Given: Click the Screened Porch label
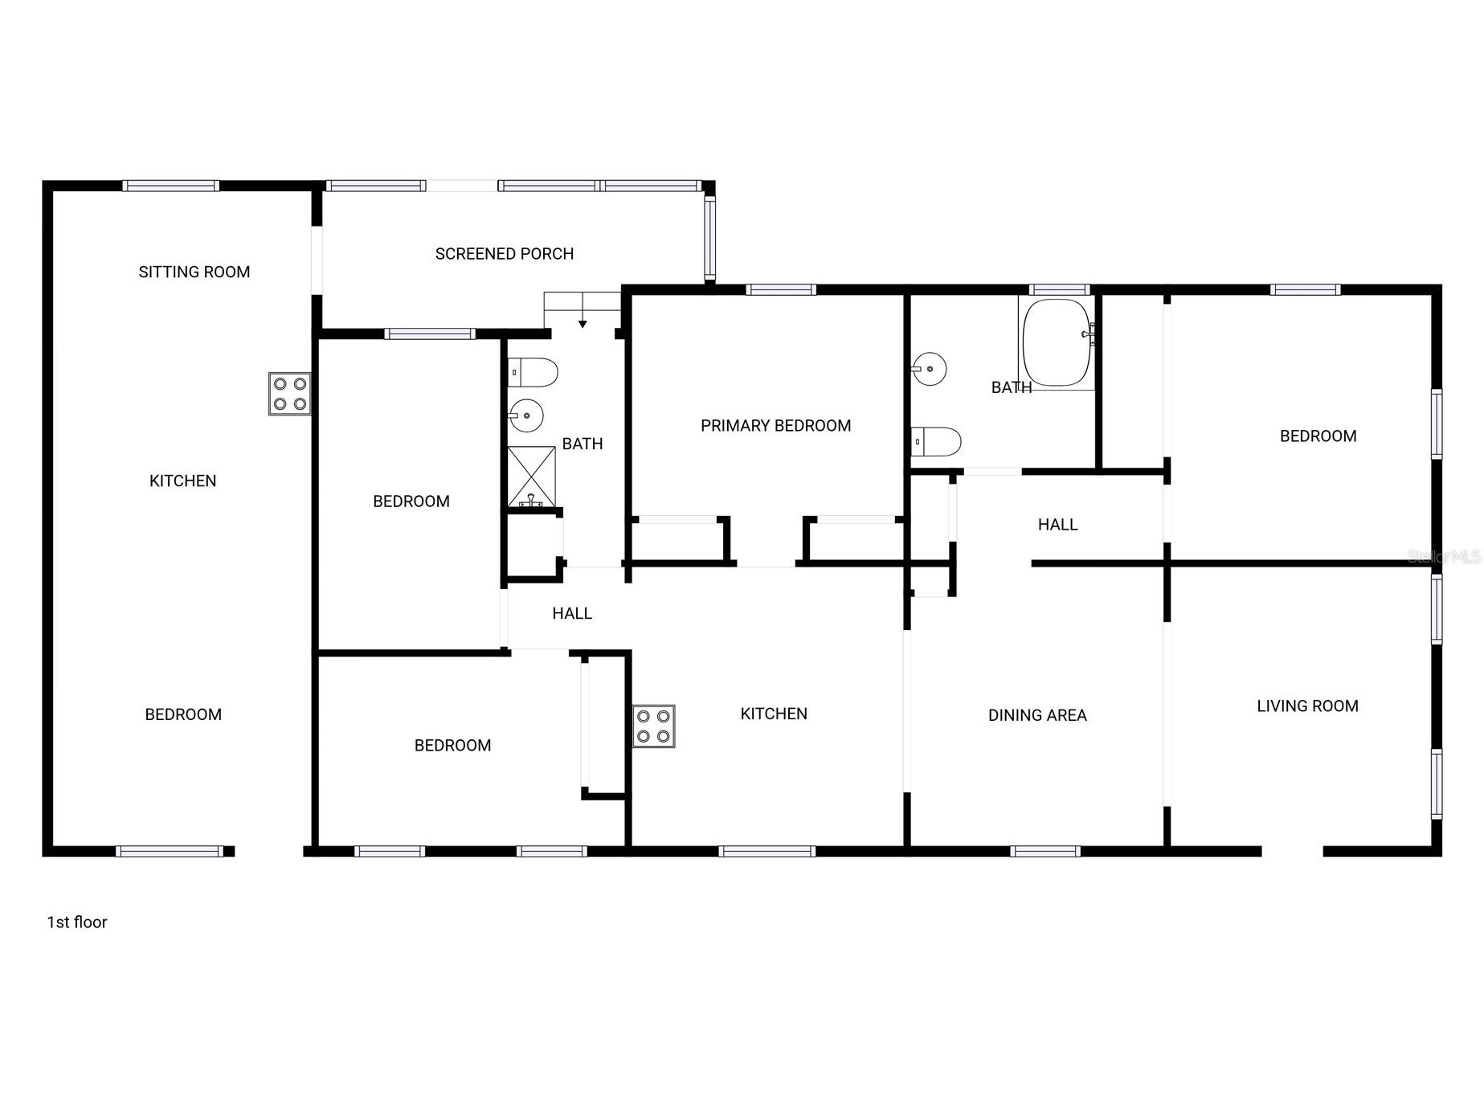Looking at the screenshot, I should pos(504,254).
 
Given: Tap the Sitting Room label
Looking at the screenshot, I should pos(194,272).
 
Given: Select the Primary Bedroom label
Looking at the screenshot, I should pos(775,426).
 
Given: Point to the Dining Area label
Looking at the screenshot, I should pos(1036,715).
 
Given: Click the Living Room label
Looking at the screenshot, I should pos(1307,706).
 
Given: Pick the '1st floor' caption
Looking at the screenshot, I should pos(77,923).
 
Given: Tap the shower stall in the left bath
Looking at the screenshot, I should pos(531,477).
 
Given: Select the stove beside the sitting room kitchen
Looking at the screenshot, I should pos(289,394).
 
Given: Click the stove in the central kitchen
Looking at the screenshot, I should pos(653,726).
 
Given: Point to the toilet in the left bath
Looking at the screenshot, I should pos(534,372).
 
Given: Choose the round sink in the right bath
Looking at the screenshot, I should pos(929,369).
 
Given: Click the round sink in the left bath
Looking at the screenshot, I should pos(526,415).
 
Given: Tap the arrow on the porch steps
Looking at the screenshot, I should pos(583,322).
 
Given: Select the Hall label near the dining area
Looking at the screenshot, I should pos(1057,525).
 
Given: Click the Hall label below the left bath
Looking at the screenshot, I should pos(572,614).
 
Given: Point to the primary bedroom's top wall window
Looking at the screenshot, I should pos(781,290).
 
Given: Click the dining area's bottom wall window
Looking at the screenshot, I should pos(1045,851).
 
